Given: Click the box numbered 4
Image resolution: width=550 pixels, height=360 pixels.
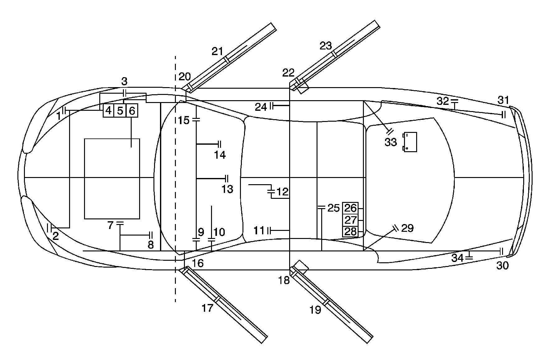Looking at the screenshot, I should click(108, 111).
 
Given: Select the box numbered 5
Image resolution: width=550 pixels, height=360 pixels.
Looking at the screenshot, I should click(120, 111).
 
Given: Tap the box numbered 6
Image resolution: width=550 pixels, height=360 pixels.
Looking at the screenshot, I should click(132, 111).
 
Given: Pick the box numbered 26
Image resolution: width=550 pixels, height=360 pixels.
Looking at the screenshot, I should click(350, 208).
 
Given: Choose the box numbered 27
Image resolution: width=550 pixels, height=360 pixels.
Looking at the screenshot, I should click(350, 220).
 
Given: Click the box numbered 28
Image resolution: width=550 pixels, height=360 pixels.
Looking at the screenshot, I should click(350, 232).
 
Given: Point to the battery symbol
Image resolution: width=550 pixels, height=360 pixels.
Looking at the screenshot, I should click(410, 142).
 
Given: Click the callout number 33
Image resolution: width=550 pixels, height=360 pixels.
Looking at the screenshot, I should click(391, 142).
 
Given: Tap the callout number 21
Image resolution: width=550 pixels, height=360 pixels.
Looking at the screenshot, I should click(218, 51).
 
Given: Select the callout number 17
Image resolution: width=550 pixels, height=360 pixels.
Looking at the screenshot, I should click(207, 308).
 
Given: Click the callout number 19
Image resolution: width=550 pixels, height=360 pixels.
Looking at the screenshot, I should click(315, 310).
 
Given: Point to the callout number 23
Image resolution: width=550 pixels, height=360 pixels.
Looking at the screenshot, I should click(326, 46).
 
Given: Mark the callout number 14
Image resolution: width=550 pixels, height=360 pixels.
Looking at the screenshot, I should click(220, 155).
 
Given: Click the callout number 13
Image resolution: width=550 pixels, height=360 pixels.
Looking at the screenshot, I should click(228, 189).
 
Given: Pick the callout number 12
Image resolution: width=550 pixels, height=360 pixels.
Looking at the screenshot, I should click(282, 192).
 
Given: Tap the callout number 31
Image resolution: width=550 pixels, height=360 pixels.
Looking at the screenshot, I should click(503, 100).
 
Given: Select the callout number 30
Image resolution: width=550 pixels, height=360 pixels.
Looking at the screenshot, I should click(502, 265).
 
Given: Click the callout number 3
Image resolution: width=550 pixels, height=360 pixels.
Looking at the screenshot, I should click(124, 82).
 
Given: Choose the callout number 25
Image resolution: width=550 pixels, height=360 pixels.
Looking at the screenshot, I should click(333, 208).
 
